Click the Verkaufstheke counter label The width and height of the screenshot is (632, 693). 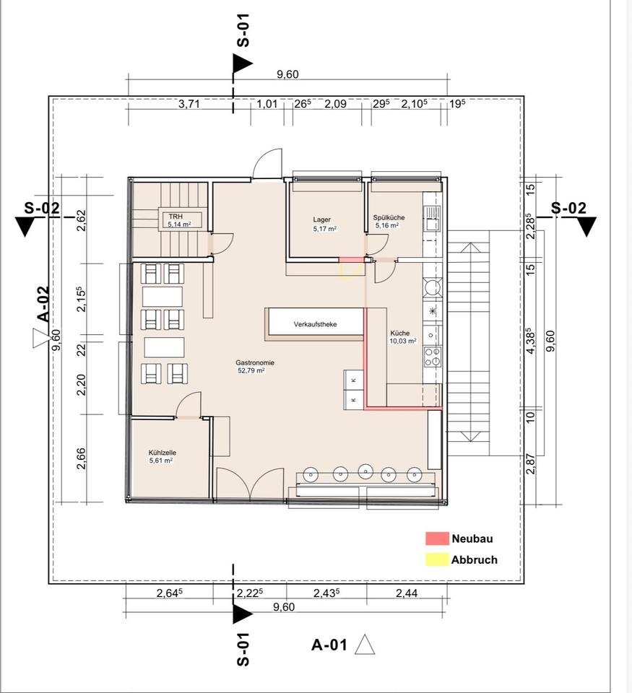[x=316, y=324]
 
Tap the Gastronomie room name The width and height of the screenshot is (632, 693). [x=255, y=363]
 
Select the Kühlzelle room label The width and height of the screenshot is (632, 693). [x=163, y=453]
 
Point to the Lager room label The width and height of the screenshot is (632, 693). [x=321, y=219]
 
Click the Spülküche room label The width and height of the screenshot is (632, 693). [x=389, y=217]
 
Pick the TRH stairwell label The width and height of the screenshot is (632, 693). [x=176, y=217]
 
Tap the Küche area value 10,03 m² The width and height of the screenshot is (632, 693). [x=403, y=341]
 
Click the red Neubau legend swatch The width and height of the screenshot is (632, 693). [x=437, y=539]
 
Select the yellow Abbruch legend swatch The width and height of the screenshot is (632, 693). [x=437, y=559]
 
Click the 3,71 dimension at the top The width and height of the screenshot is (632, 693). [x=189, y=104]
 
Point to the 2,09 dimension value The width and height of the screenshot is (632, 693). [x=335, y=104]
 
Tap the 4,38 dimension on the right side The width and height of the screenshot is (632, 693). [x=530, y=340]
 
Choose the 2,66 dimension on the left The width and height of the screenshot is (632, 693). [x=81, y=459]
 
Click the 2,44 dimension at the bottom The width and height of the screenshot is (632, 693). [x=407, y=593]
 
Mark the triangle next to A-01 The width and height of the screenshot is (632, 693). [x=365, y=645]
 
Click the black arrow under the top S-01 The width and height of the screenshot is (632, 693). [x=241, y=64]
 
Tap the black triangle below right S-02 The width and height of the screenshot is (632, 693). [x=587, y=226]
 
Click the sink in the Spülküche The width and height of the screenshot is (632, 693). [x=433, y=219]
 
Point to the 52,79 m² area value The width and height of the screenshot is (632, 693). [x=251, y=370]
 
